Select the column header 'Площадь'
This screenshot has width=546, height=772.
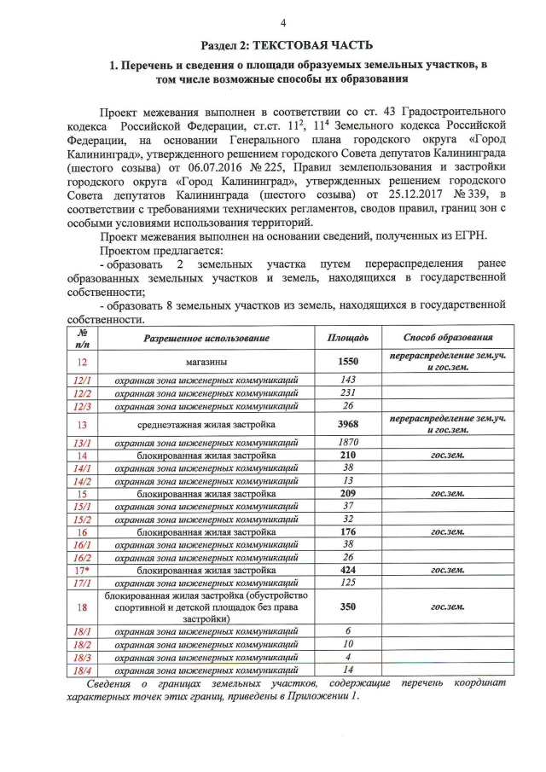click(347, 338)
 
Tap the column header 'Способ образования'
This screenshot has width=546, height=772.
click(448, 338)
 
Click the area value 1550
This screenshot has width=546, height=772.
click(347, 361)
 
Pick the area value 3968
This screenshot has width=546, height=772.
click(347, 424)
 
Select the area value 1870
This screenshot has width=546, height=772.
click(347, 442)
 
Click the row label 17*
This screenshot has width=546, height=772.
click(83, 570)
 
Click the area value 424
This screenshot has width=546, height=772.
click(347, 570)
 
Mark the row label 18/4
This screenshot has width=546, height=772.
click(83, 671)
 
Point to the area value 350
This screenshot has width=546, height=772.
click(347, 607)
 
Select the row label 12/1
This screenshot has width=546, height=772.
click(83, 379)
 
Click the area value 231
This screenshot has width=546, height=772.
click(347, 392)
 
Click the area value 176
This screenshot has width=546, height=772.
click(347, 531)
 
